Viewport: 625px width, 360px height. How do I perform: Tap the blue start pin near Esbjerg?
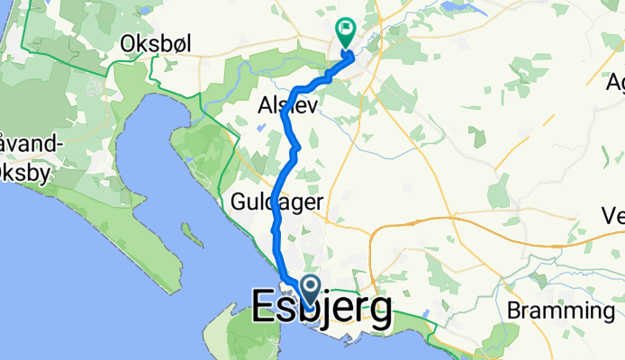(x=310, y=289)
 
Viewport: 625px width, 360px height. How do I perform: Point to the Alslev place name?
(x=285, y=104)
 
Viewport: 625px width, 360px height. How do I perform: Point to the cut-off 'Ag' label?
(x=615, y=83)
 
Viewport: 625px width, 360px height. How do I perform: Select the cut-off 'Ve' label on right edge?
(x=613, y=216)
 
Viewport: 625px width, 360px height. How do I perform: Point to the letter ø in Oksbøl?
(x=180, y=44)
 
